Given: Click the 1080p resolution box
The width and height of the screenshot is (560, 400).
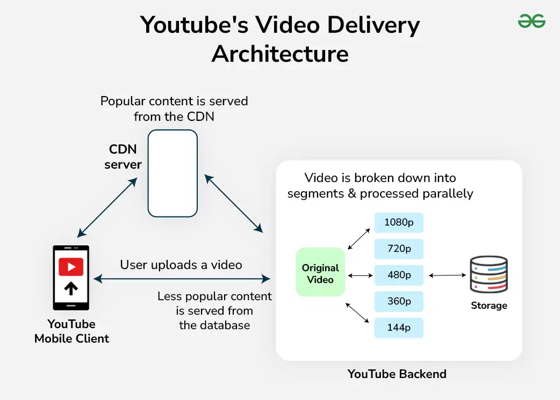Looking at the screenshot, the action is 399,222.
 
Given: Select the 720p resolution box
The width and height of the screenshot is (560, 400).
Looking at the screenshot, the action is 399,249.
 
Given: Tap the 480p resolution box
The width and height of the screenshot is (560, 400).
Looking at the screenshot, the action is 399,275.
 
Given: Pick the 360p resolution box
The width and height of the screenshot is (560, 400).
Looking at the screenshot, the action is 399,301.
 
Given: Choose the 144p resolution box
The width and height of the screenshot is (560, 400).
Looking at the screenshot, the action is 399,328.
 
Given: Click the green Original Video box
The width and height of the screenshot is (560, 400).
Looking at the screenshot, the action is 320,272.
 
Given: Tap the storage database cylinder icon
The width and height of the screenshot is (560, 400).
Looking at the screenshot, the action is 489,274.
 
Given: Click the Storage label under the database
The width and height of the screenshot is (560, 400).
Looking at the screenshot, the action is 489,306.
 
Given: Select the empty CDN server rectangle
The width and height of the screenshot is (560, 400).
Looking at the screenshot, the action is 173,173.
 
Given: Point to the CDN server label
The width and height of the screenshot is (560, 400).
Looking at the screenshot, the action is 123,157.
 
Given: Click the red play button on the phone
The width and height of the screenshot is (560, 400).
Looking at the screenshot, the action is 71,266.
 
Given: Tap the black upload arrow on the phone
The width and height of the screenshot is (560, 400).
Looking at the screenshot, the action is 71,288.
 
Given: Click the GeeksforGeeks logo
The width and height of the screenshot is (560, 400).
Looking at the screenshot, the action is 532,21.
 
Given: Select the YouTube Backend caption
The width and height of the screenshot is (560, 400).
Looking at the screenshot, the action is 397,374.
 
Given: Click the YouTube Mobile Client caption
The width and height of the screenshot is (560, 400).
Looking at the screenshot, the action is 71,331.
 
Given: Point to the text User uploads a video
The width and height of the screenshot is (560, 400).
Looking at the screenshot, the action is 181,265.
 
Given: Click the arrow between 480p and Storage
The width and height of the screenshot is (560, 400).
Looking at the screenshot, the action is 447,275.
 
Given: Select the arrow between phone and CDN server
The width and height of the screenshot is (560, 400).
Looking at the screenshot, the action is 107,207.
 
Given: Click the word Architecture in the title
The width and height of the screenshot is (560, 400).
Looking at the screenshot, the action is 280,54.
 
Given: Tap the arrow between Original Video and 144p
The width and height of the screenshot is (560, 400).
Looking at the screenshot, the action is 357,312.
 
